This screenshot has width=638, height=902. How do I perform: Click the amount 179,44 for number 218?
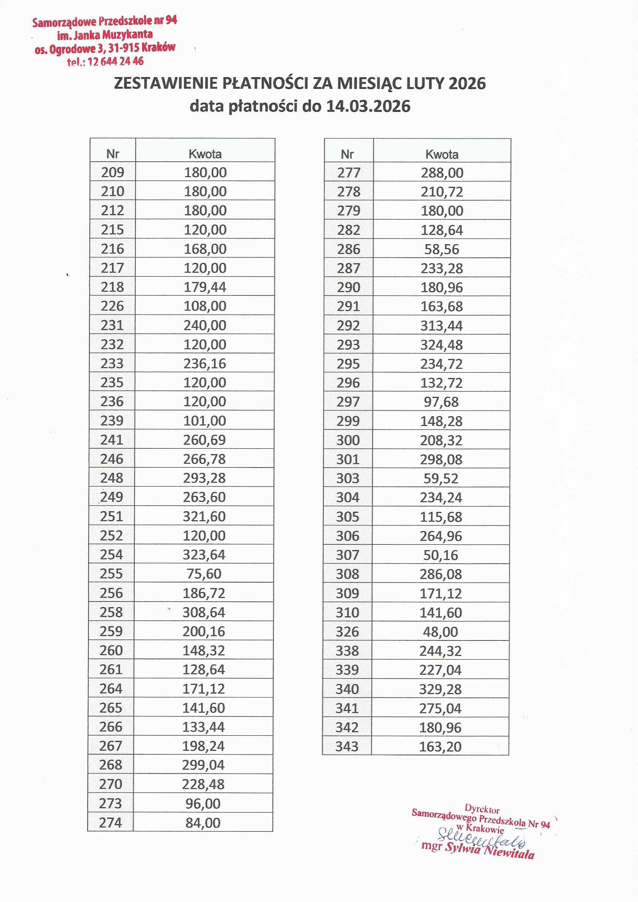205,287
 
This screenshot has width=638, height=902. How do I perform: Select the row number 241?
112,439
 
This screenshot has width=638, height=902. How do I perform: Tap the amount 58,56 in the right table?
442,249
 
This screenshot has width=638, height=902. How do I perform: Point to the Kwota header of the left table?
205,154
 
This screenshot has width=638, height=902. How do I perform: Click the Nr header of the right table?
347,154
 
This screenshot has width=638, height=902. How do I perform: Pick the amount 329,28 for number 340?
440,689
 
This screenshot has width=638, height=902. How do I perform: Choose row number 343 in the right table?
347,747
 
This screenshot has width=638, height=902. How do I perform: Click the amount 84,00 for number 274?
203,823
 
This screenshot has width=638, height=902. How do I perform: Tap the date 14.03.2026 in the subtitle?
368,106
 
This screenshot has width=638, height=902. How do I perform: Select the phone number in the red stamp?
115,62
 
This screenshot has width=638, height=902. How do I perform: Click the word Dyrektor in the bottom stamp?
482,809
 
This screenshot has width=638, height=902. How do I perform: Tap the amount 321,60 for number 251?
204,516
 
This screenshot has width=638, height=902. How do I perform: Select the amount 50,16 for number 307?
441,555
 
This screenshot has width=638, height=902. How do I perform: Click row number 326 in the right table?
347,632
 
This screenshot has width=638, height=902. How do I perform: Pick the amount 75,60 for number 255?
204,574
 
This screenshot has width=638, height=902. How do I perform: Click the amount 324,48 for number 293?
442,345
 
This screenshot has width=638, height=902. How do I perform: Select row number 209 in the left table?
113,172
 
